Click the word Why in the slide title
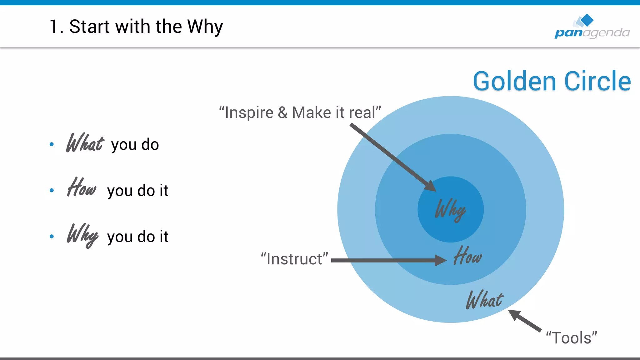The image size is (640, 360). point(205,27)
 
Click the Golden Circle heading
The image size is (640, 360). point(552,81)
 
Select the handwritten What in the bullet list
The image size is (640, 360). point(85,143)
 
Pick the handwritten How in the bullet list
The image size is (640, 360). point(82,187)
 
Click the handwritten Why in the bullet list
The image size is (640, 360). point(82,235)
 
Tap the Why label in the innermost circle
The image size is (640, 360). point(450,209)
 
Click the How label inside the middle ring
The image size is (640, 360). point(467,256)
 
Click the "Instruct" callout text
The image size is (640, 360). point(294,259)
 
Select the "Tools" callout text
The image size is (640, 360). point(571,338)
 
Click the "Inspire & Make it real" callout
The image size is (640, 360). point(300,112)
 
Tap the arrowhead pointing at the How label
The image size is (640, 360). point(441,260)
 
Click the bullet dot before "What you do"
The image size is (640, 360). point(52,144)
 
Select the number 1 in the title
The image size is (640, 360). point(54,27)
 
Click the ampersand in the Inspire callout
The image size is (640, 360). point(282,112)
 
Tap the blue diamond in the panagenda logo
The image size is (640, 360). point(587,20)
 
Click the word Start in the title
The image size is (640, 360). point(89,27)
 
